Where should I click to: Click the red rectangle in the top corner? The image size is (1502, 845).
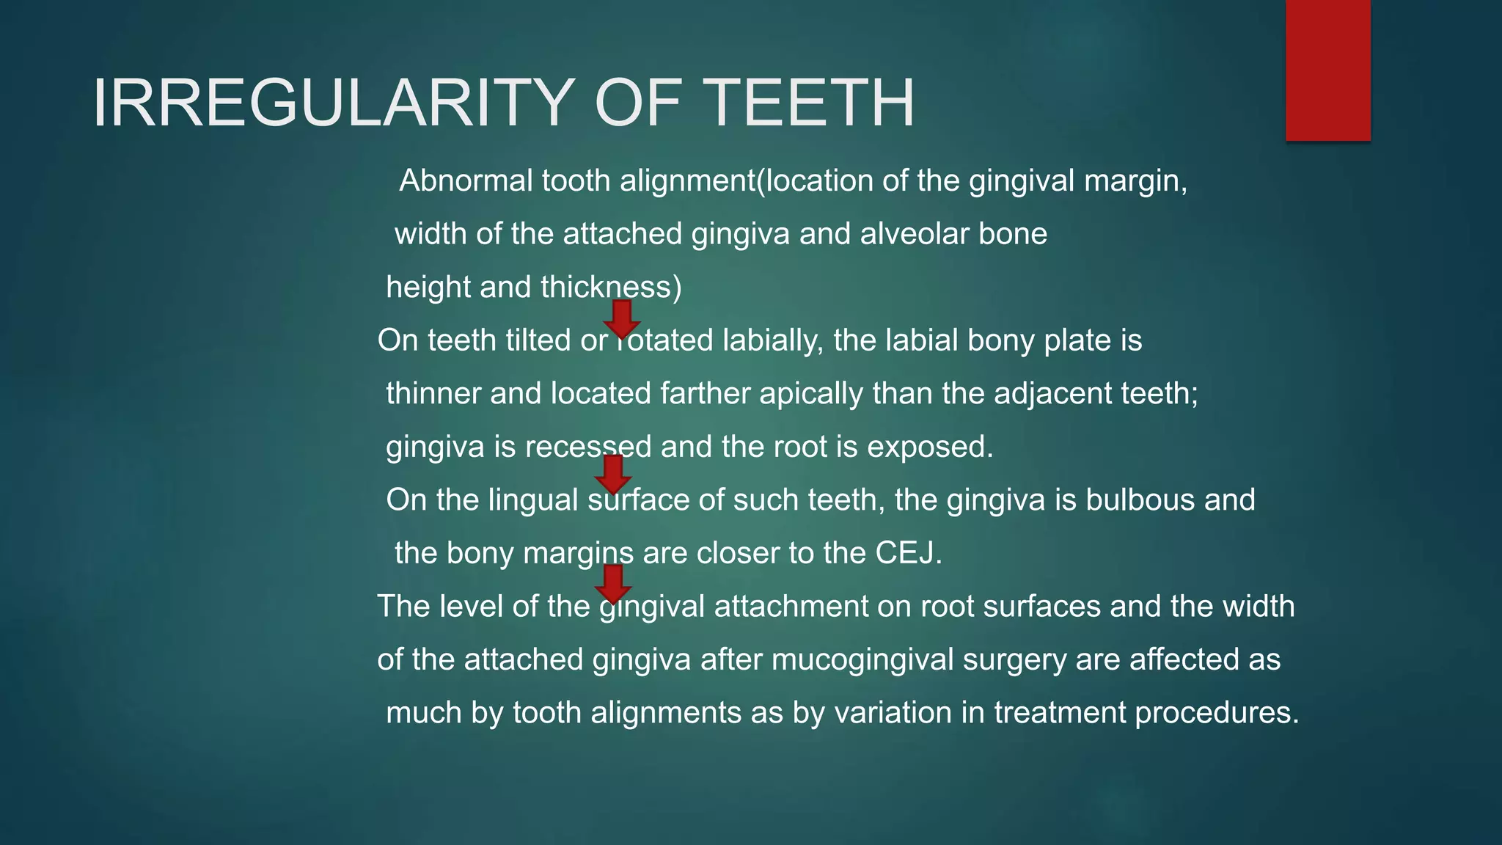[1327, 70]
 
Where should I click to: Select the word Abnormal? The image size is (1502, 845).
[466, 180]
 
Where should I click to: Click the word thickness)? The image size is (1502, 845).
[611, 287]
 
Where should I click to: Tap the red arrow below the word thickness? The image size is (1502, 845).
[622, 319]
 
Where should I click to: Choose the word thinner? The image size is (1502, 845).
[433, 394]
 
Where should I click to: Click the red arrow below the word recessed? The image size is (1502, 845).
[613, 474]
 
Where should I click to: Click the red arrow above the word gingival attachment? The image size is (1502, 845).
[613, 583]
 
